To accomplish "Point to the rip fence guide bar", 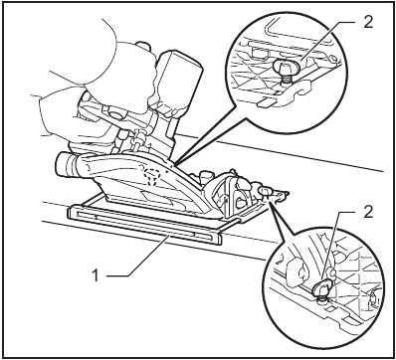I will [149, 224].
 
